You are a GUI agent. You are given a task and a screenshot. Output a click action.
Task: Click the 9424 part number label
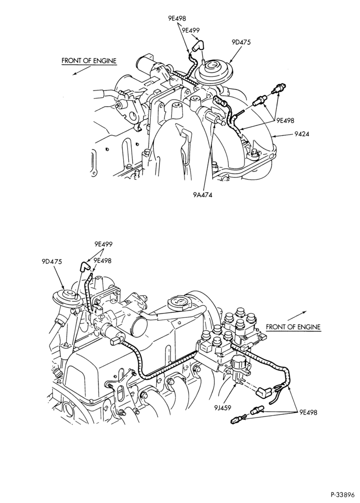coord(302,134)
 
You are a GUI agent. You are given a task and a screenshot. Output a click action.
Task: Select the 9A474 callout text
coord(203,194)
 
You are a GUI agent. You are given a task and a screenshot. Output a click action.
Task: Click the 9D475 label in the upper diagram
coord(241,42)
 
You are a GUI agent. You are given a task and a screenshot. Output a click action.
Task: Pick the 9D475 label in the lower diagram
coord(52,262)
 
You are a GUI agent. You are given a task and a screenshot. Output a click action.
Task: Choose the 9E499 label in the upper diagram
coord(191,31)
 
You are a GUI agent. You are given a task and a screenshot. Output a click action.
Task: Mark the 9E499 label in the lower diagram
coord(103,244)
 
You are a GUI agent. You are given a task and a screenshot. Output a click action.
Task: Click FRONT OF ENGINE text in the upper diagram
coord(89,61)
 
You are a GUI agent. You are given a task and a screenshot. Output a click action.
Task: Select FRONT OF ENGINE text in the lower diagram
coord(293,327)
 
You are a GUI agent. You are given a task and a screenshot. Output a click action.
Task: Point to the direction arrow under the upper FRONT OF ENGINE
coord(81,71)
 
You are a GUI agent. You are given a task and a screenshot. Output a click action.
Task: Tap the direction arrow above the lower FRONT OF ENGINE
coord(297,315)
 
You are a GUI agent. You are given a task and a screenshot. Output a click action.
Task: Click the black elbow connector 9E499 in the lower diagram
coord(84,266)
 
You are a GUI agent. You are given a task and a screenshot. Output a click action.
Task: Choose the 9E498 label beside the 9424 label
coord(285,121)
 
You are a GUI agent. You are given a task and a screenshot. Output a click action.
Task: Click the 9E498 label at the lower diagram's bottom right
coord(308,412)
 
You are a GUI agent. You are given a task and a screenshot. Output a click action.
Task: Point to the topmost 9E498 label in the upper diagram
coord(177,18)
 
